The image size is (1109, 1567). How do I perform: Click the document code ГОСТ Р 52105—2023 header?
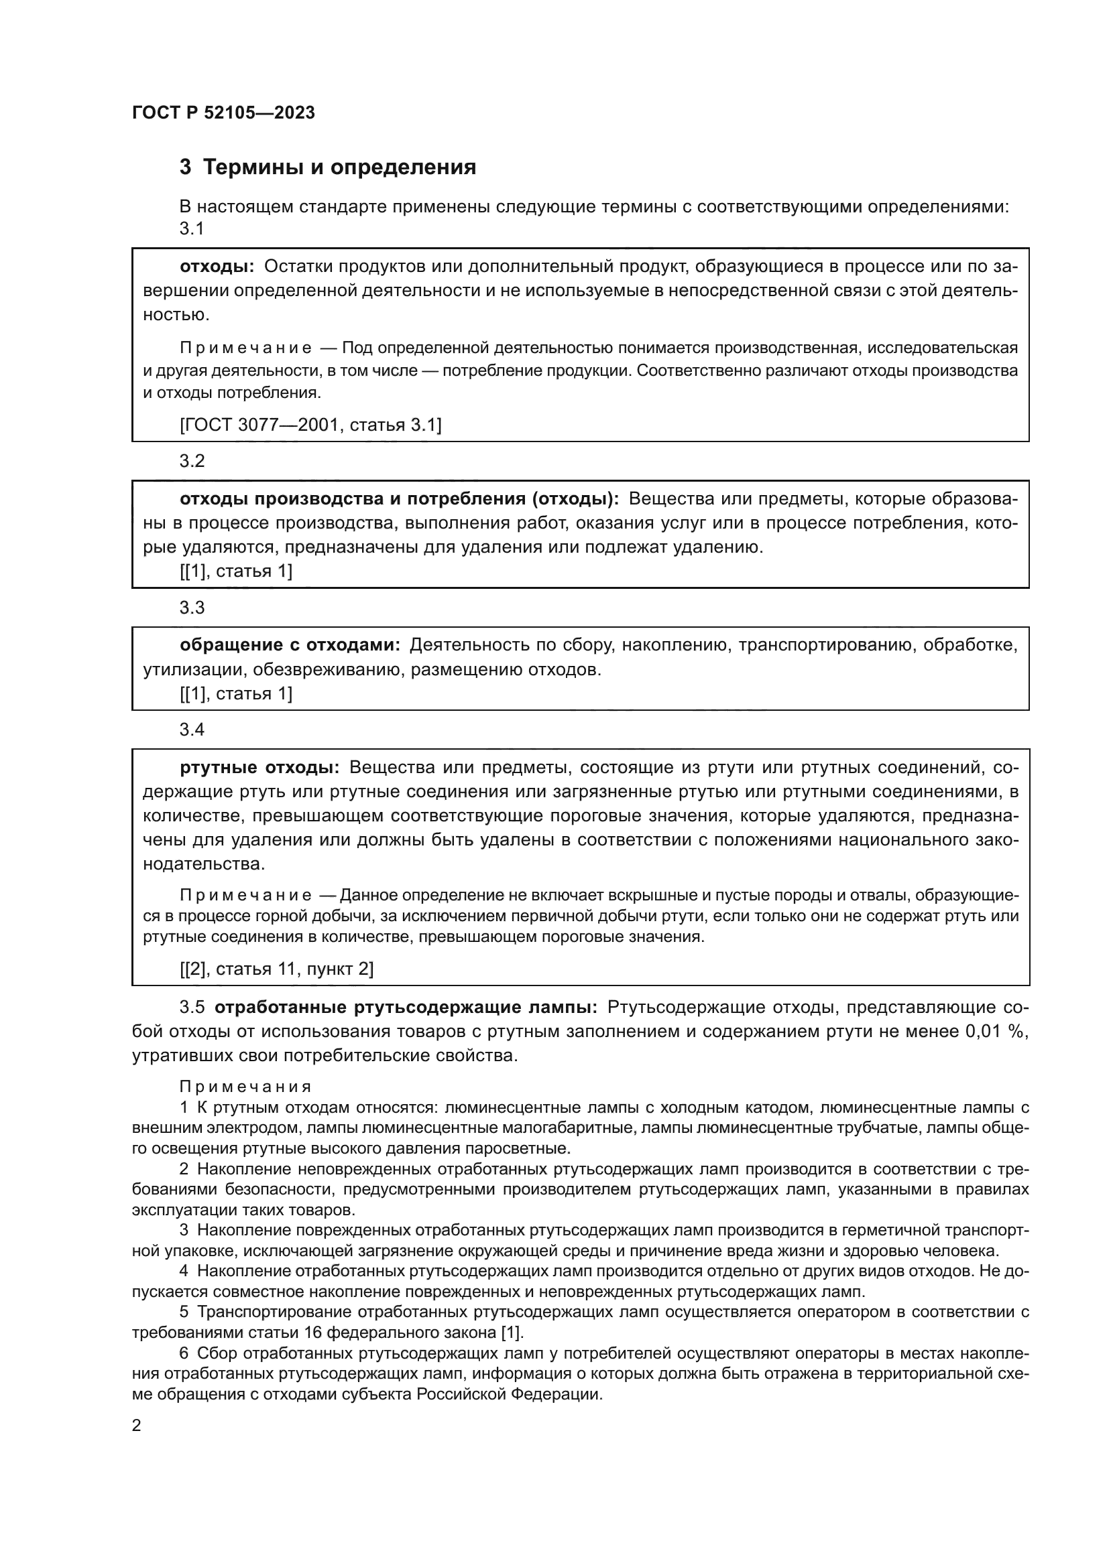click(x=223, y=113)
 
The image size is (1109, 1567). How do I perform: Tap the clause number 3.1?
click(x=192, y=228)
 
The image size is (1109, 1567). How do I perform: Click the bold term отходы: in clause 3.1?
click(x=217, y=266)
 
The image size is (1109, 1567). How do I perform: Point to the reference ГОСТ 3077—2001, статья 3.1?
click(x=310, y=425)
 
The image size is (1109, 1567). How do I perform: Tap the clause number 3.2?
click(x=192, y=461)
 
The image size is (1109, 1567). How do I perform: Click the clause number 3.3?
click(x=192, y=608)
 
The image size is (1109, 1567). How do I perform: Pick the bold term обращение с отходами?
click(x=290, y=645)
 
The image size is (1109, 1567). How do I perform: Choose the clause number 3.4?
click(x=192, y=730)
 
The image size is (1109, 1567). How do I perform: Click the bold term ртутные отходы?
click(x=259, y=767)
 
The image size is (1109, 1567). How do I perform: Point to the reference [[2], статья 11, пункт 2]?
click(x=276, y=969)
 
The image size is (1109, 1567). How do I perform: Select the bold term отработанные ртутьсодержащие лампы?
click(x=406, y=1008)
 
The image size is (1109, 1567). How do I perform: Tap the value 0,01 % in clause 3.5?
click(x=996, y=1031)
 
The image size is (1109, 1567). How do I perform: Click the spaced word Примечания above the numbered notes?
click(x=245, y=1087)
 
